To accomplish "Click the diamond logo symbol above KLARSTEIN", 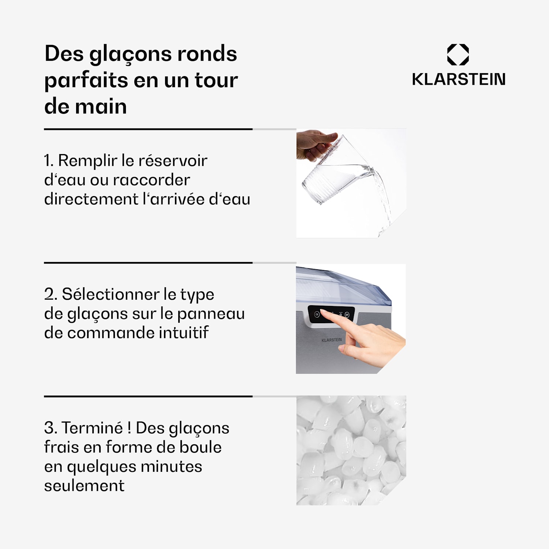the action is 458,55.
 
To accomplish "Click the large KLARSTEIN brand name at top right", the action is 459,79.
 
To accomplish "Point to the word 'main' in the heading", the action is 101,107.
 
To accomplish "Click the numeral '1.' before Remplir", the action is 49,161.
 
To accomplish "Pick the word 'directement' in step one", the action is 91,199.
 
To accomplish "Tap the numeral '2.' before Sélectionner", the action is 51,294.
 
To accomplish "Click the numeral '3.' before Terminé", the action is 51,428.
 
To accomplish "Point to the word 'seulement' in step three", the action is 84,486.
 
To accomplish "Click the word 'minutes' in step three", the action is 171,467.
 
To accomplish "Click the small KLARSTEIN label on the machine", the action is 332,340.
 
